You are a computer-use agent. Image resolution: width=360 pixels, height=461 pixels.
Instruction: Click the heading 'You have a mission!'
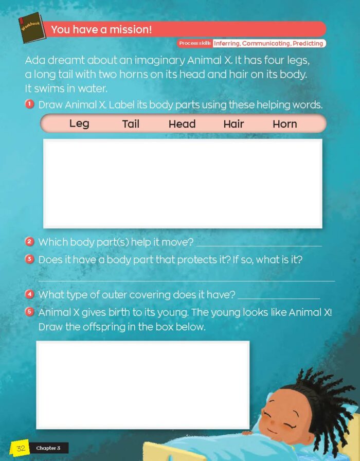click(x=101, y=30)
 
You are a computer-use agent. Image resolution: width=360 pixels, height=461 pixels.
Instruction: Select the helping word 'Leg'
click(x=79, y=123)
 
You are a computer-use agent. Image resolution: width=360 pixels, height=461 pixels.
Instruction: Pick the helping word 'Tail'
click(x=131, y=124)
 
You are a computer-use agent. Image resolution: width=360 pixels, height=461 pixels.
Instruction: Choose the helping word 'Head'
click(x=182, y=124)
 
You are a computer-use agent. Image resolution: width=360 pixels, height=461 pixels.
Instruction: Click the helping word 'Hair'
click(x=233, y=124)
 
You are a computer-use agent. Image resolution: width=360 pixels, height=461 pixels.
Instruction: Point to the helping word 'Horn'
click(x=285, y=124)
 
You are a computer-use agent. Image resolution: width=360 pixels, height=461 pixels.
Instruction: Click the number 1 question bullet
click(x=30, y=104)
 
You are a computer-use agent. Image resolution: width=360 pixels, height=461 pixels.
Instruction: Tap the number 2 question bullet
click(x=29, y=241)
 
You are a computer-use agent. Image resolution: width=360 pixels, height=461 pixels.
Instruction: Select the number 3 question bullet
click(x=29, y=259)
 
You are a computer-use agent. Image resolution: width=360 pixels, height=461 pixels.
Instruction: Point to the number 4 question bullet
click(x=29, y=294)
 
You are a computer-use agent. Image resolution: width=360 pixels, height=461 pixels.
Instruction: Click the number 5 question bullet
click(x=29, y=312)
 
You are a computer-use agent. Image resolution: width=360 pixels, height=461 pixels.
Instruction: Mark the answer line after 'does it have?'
click(x=279, y=298)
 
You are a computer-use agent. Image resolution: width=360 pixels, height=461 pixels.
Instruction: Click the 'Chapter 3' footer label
click(x=48, y=448)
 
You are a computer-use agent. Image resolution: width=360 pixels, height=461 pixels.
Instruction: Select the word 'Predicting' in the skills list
click(x=308, y=44)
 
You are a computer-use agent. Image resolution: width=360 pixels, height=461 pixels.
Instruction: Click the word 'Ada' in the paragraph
click(x=34, y=60)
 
